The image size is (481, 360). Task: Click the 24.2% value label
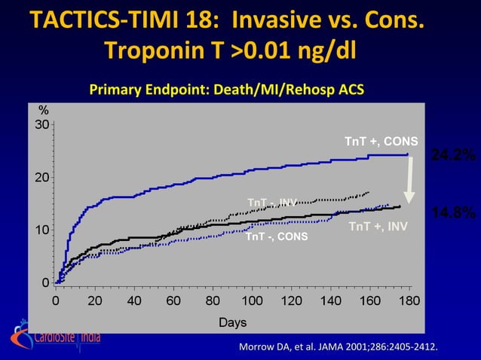tap(452, 155)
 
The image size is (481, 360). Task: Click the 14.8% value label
tap(452, 214)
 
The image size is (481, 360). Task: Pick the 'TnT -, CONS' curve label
tap(276, 237)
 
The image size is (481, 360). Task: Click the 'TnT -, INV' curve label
tap(271, 202)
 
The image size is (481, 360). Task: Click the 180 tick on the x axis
tap(409, 301)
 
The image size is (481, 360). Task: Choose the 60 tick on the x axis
tap(173, 301)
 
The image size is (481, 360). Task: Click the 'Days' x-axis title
tap(232, 322)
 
